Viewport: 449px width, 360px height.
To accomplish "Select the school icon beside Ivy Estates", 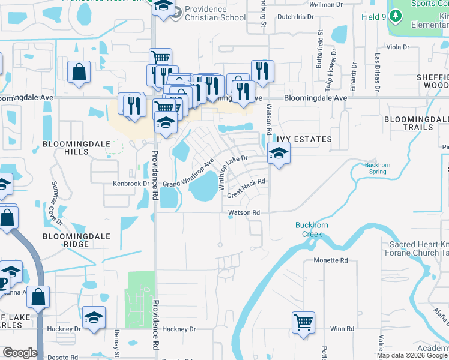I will click(279, 154).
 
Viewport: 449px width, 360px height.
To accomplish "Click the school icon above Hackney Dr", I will click(94, 317).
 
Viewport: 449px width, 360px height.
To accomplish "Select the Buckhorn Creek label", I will click(310, 229).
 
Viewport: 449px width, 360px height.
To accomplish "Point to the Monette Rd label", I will click(331, 260).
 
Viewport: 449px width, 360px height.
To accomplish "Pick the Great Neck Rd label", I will click(246, 188).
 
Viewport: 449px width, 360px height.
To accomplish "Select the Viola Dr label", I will click(398, 47).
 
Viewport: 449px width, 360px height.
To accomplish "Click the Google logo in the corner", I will click(19, 353).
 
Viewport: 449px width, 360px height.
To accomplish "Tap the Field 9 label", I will click(373, 17).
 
